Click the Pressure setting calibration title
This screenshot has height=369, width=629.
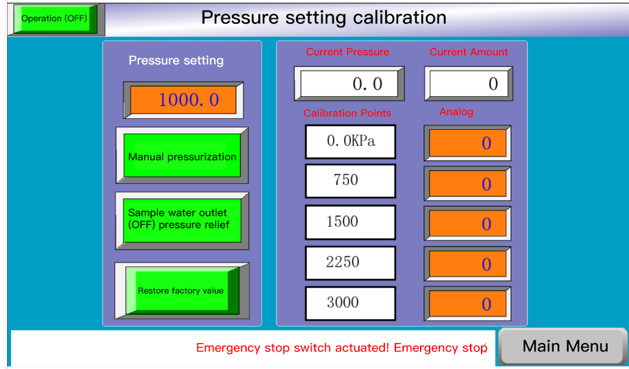coord(323,18)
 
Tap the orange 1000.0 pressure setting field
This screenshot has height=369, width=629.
coord(183,99)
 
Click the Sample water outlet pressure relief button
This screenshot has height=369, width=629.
coord(182,220)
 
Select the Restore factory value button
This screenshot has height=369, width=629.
coord(182,290)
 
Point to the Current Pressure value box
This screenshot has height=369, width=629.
coord(349,84)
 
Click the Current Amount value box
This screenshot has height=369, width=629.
coord(469,84)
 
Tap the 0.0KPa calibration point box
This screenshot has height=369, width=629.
coord(351,142)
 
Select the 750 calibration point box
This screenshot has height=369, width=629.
coord(351,181)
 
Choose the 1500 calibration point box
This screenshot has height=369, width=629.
coord(351,222)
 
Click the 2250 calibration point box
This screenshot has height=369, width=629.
coord(351,263)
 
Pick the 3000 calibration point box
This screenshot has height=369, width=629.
coord(351,303)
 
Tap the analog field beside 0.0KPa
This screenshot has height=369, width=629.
coord(467,143)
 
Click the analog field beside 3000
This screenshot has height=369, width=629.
coord(467,303)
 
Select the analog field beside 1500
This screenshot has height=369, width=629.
coord(467,223)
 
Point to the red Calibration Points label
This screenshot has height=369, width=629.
coord(347,113)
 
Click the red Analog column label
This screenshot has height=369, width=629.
coord(456,112)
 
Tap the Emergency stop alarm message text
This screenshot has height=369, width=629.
coord(341,348)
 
